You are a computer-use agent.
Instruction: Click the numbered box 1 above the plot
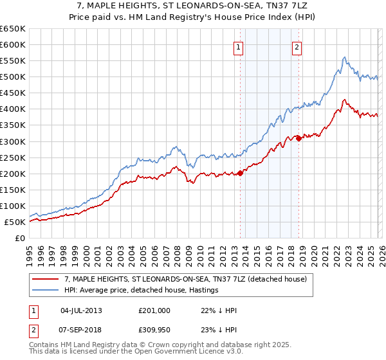(239, 46)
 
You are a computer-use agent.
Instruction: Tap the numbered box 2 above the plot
(297, 46)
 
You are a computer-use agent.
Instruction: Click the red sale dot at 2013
(240, 172)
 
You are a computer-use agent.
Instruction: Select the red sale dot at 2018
(299, 138)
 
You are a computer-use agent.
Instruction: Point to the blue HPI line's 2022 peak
(345, 57)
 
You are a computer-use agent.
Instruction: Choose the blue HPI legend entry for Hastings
(142, 290)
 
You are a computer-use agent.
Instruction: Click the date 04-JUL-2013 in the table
(81, 310)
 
